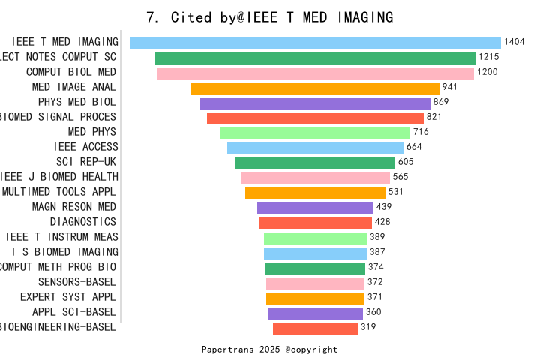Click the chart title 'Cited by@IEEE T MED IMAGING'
tap(269, 16)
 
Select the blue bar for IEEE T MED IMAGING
tap(315, 43)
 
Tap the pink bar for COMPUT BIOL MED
tap(315, 73)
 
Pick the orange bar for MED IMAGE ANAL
tap(315, 88)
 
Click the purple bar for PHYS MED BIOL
tap(315, 103)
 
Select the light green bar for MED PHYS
tap(315, 133)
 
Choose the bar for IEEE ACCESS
tap(315, 148)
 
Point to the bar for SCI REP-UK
tap(315, 163)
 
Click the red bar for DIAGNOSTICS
tap(315, 223)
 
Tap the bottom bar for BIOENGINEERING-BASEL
tap(315, 328)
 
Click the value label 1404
tap(514, 43)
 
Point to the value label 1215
tap(489, 58)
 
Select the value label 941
tap(450, 88)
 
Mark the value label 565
tap(400, 178)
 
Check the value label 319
tap(368, 327)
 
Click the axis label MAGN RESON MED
tap(74, 207)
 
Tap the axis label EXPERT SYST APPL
tap(68, 297)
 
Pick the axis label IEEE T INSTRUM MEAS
tap(61, 237)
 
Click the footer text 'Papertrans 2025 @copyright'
tap(269, 349)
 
